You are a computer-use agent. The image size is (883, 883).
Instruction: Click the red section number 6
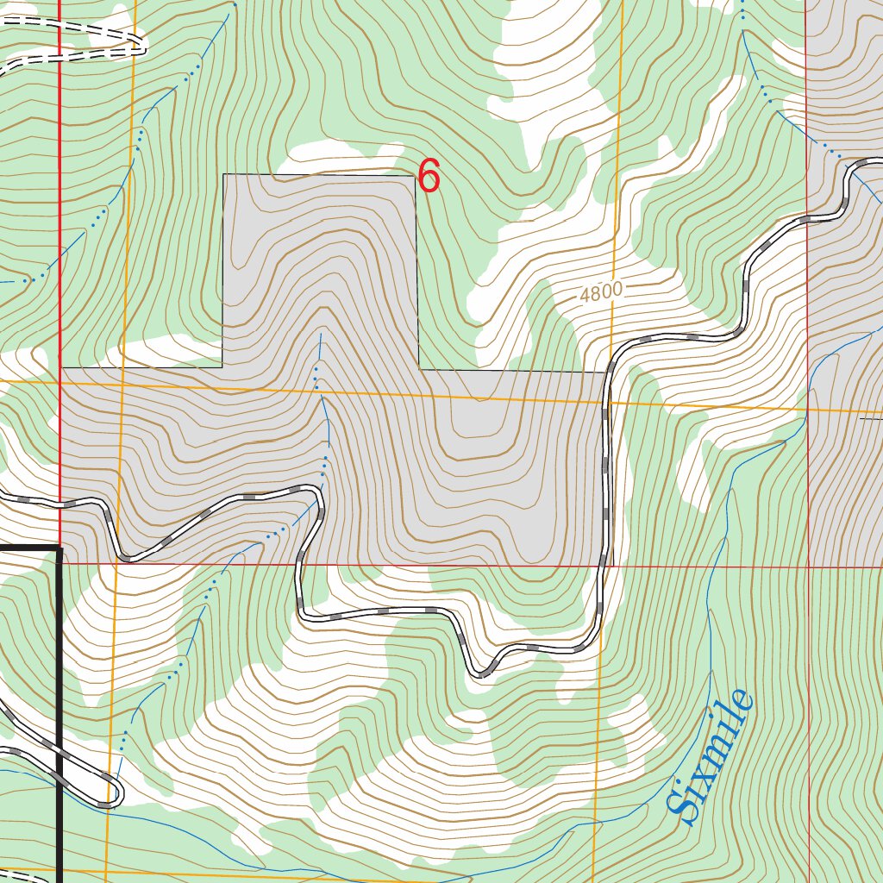(x=429, y=176)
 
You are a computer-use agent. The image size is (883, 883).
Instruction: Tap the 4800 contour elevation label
(x=600, y=292)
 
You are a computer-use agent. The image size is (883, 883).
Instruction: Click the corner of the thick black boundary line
(x=59, y=548)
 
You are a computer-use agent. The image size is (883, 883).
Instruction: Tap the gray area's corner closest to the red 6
(x=415, y=175)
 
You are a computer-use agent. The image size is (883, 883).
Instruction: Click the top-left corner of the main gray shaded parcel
(x=224, y=175)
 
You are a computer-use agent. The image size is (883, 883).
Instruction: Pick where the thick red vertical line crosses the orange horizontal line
(x=59, y=381)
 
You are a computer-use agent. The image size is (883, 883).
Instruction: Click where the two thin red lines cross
(x=808, y=567)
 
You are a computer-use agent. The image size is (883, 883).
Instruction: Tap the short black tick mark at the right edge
(x=871, y=418)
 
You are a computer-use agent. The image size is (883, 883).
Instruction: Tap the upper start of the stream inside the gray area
(x=321, y=335)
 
